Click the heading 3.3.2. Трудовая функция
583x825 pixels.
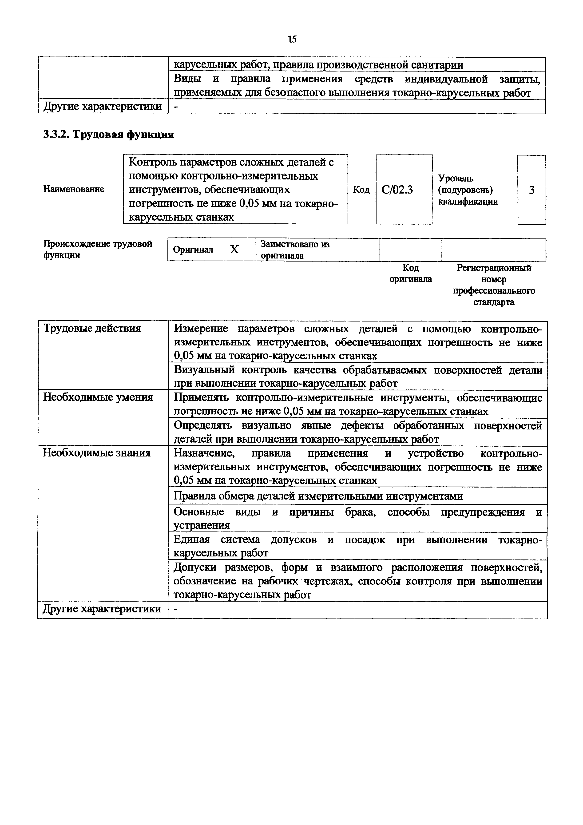pos(108,135)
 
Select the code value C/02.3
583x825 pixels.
pos(397,189)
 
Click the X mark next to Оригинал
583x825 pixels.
pos(234,249)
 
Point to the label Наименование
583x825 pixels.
pos(74,189)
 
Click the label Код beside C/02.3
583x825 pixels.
pos(361,189)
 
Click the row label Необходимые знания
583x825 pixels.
pos(97,453)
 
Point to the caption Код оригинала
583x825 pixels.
pos(411,274)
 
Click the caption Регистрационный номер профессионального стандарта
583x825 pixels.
pos(494,285)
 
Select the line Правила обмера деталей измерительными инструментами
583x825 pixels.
pos(318,496)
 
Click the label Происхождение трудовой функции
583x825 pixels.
pos(98,249)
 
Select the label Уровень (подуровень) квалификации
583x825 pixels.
pos(468,190)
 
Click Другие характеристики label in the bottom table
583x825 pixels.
pos(102,609)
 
